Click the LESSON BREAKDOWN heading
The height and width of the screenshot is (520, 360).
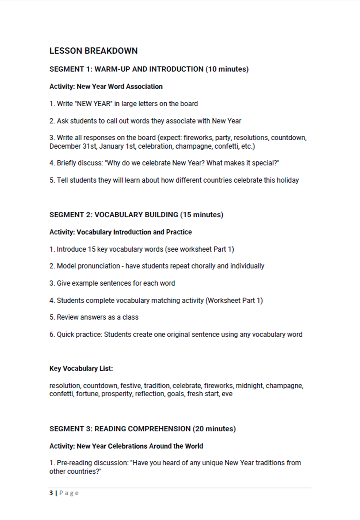tap(93, 51)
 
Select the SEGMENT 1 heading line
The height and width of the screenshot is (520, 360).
tap(149, 69)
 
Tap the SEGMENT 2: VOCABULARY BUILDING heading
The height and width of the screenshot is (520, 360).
tap(136, 215)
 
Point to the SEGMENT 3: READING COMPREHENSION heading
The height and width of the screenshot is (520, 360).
tap(142, 429)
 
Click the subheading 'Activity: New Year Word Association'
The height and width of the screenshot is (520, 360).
tap(106, 86)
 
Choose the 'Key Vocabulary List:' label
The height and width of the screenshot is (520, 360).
tap(81, 368)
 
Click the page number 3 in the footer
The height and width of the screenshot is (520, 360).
tap(51, 493)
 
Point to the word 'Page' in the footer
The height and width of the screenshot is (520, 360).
tap(69, 493)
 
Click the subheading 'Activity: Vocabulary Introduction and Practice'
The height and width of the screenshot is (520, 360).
tap(120, 232)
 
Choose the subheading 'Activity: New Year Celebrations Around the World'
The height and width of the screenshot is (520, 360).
tap(126, 446)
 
